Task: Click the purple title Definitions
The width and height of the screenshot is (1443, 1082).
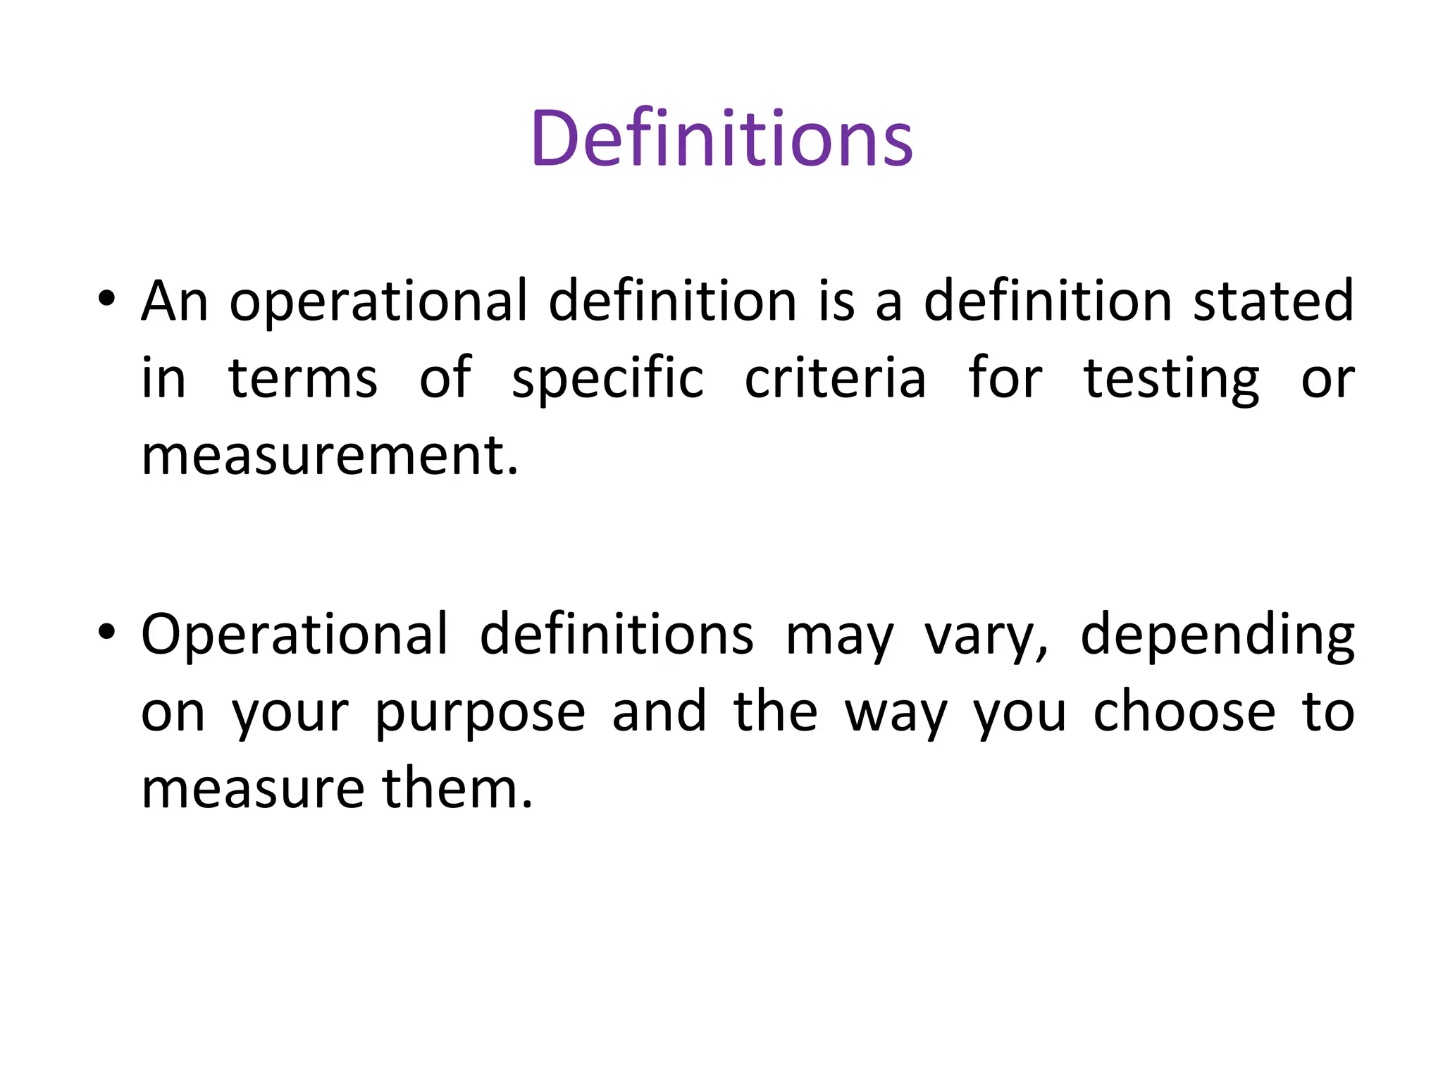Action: pyautogui.click(x=721, y=138)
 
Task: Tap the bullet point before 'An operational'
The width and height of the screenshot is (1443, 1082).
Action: pyautogui.click(x=106, y=298)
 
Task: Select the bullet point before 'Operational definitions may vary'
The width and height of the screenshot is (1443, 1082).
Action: pyautogui.click(x=106, y=631)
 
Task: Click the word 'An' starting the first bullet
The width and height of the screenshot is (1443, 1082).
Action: pyautogui.click(x=174, y=301)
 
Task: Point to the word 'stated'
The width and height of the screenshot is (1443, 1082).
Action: pyautogui.click(x=1272, y=301)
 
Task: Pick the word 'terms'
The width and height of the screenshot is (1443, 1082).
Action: pyautogui.click(x=303, y=378)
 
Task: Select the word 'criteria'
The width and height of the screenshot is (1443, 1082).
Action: pyautogui.click(x=835, y=378)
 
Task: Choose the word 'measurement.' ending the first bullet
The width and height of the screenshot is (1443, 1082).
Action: pyautogui.click(x=330, y=456)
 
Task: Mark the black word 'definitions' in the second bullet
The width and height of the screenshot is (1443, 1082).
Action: pyautogui.click(x=617, y=634)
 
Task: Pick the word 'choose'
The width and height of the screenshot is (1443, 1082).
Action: pyautogui.click(x=1184, y=711)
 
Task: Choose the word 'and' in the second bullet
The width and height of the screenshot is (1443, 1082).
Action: pyautogui.click(x=659, y=711)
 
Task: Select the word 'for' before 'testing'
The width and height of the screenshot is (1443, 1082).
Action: pyautogui.click(x=1005, y=378)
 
